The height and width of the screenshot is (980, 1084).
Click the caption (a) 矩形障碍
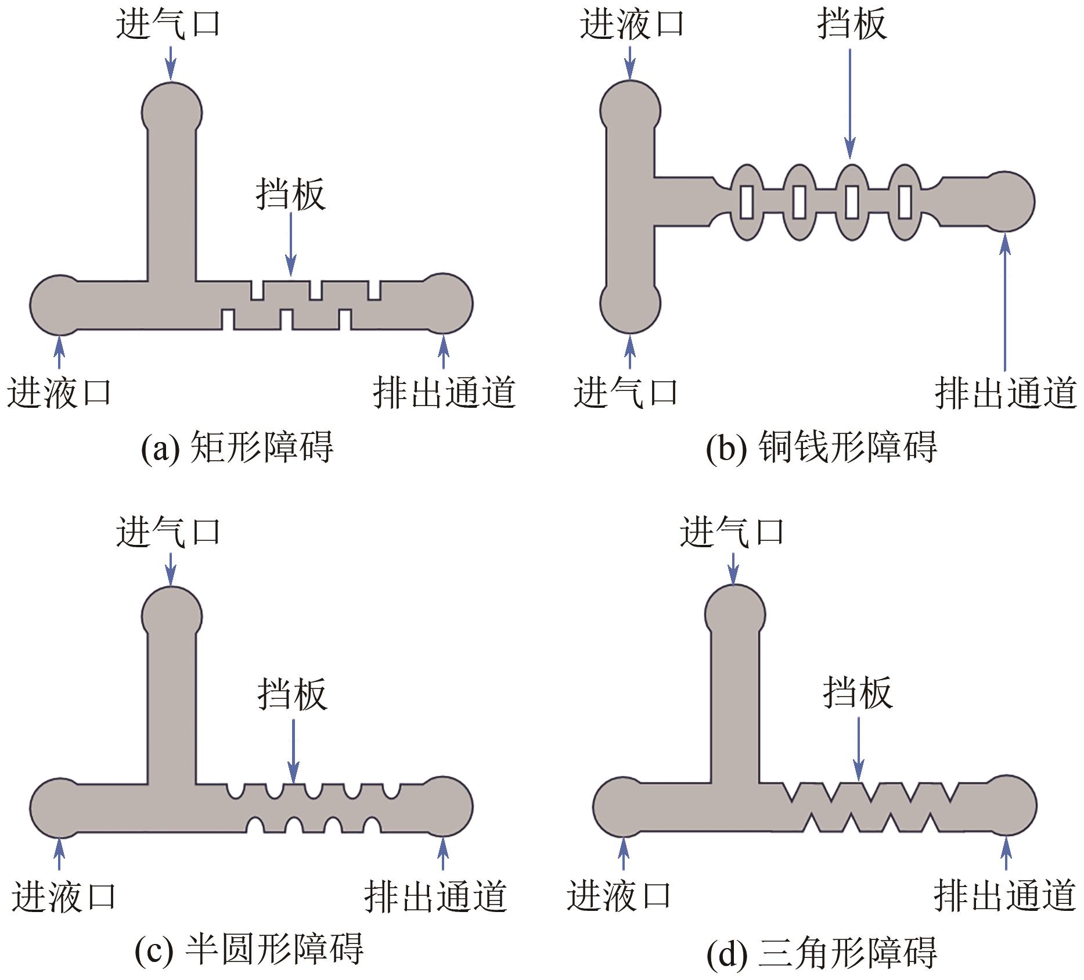click(x=237, y=447)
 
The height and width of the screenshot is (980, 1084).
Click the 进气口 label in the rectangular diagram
click(x=168, y=25)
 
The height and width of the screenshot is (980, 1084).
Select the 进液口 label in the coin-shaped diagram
click(x=632, y=25)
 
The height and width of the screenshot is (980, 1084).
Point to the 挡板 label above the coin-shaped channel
click(x=852, y=25)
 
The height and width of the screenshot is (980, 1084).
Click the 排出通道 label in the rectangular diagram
click(x=444, y=393)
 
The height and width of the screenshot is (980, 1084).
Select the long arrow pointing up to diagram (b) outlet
click(x=1006, y=302)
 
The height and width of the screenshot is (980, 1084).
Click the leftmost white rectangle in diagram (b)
click(x=747, y=202)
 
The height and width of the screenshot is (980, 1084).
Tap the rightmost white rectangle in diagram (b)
click(x=905, y=202)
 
